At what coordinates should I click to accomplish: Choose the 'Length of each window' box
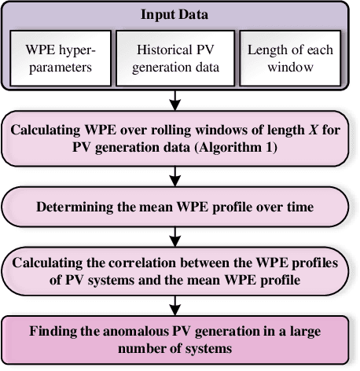pos(290,57)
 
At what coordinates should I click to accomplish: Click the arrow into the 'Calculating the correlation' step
pos(180,234)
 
